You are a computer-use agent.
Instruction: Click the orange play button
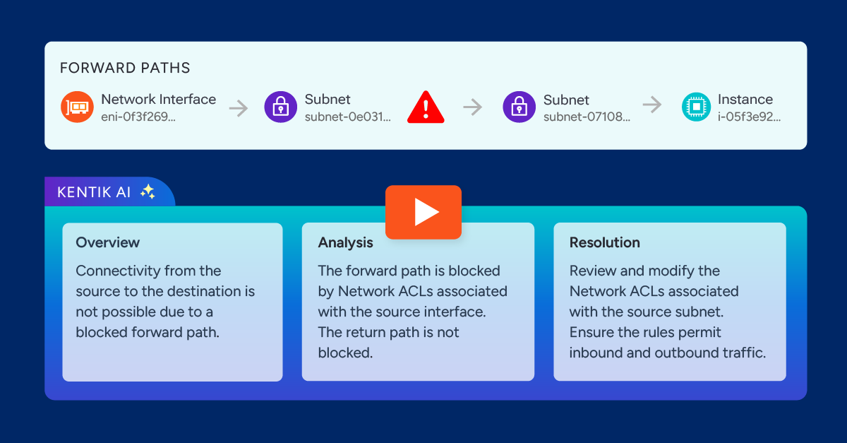pyautogui.click(x=423, y=212)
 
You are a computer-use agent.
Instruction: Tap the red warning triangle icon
pyautogui.click(x=426, y=108)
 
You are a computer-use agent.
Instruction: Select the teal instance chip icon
pyautogui.click(x=696, y=107)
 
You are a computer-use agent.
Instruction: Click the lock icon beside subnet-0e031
pyautogui.click(x=280, y=107)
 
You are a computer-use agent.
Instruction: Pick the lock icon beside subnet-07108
pyautogui.click(x=519, y=107)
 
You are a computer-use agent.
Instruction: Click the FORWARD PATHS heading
pyautogui.click(x=125, y=69)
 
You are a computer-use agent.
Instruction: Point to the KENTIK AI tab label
pyautogui.click(x=89, y=192)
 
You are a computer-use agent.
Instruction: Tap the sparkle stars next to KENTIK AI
pyautogui.click(x=148, y=191)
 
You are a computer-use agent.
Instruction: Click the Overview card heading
pyautogui.click(x=108, y=242)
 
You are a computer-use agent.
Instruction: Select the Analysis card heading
pyautogui.click(x=345, y=242)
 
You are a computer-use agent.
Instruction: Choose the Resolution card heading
pyautogui.click(x=604, y=242)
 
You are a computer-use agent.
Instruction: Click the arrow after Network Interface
pyautogui.click(x=239, y=108)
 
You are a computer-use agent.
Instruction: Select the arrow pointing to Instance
pyautogui.click(x=652, y=105)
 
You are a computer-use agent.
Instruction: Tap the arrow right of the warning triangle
pyautogui.click(x=472, y=107)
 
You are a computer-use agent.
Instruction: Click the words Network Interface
pyautogui.click(x=158, y=100)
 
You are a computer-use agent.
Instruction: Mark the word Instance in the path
pyautogui.click(x=745, y=100)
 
